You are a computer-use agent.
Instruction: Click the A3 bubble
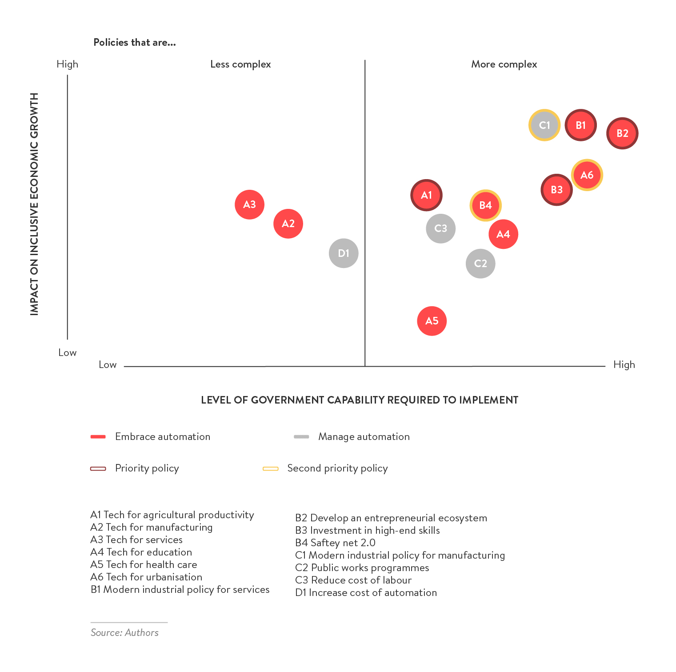tap(249, 204)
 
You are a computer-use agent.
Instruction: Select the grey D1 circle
tap(344, 253)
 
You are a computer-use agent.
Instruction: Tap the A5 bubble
tap(432, 321)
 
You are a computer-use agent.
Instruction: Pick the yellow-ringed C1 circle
tap(544, 125)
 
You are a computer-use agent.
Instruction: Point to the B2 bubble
tap(622, 133)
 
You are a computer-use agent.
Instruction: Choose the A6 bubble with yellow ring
tap(587, 175)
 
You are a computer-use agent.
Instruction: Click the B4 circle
tap(485, 205)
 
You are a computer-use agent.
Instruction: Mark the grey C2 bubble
tap(480, 264)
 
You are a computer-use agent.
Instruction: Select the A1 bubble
tap(426, 195)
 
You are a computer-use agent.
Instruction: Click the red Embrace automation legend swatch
tap(98, 437)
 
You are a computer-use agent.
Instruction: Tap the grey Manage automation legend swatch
tap(301, 437)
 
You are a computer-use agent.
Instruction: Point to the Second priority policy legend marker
tap(270, 468)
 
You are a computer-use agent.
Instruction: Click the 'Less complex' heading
tap(240, 64)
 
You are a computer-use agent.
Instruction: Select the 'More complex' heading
tap(504, 64)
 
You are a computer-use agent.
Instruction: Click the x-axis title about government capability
tap(360, 400)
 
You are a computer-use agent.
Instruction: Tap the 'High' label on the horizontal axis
tap(624, 365)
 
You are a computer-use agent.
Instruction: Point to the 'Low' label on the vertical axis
tap(68, 353)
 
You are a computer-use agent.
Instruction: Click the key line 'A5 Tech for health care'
tap(144, 564)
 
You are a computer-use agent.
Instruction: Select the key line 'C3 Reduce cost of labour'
tap(353, 580)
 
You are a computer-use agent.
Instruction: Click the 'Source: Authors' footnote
tap(124, 632)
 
